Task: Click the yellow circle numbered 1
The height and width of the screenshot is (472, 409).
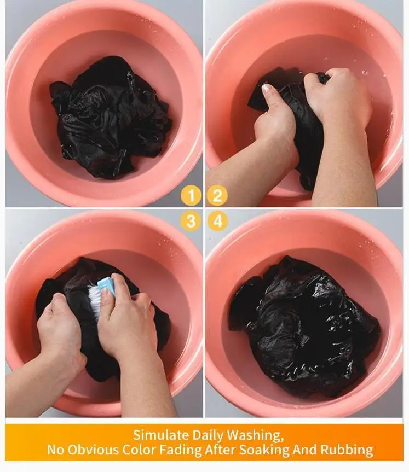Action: (x=191, y=196)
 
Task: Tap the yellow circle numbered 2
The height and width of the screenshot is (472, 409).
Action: (x=217, y=196)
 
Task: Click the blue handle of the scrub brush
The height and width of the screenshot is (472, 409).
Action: (x=106, y=284)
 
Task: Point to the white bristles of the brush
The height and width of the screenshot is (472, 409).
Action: (x=93, y=300)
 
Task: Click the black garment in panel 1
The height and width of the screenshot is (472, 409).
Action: (x=110, y=118)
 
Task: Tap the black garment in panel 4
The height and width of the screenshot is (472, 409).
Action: (x=304, y=327)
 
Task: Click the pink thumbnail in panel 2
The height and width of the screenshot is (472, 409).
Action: (x=267, y=88)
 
